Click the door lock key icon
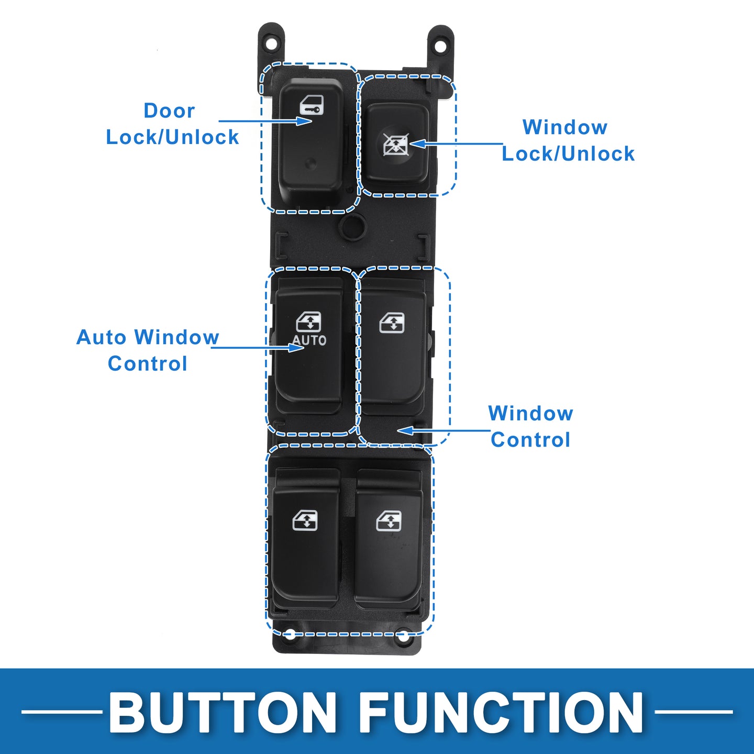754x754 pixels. [312, 105]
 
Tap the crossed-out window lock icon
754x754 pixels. [395, 144]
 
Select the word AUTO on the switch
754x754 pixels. [309, 340]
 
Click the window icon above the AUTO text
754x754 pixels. [309, 321]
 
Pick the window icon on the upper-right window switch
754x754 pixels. [392, 323]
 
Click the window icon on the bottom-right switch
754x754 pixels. [389, 521]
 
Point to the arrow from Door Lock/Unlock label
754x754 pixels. [265, 120]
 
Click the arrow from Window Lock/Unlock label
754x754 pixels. [456, 143]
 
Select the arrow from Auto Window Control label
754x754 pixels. [258, 347]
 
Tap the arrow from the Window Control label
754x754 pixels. [443, 431]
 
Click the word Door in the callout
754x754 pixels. [169, 110]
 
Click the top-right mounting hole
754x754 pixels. [440, 47]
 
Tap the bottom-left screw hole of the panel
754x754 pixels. [290, 635]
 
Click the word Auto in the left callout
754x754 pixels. [101, 337]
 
